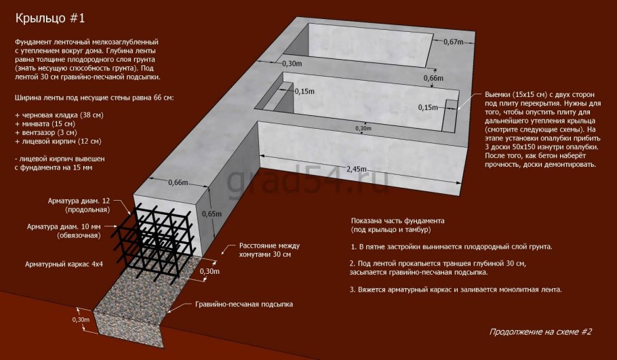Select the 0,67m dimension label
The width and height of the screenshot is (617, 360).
tap(452, 42)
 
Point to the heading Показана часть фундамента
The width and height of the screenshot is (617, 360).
tap(397, 221)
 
